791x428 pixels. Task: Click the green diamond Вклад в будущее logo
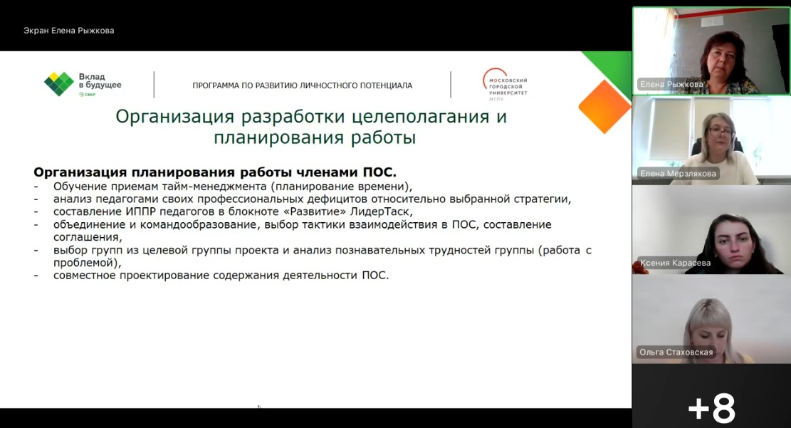[59, 84]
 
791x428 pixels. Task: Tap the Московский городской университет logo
[505, 84]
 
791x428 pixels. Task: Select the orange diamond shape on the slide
[604, 107]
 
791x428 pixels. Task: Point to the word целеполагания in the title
[421, 117]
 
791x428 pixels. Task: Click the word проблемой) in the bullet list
[85, 263]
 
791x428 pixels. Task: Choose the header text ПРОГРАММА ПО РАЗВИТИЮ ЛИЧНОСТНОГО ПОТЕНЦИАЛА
[302, 85]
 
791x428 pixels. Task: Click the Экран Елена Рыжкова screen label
[68, 31]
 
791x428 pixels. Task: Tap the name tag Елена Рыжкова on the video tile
[671, 84]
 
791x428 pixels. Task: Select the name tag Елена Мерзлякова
[678, 173]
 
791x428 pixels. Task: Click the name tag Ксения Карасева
[675, 263]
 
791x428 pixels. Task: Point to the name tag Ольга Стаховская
[676, 352]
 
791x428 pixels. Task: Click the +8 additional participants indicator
[711, 407]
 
